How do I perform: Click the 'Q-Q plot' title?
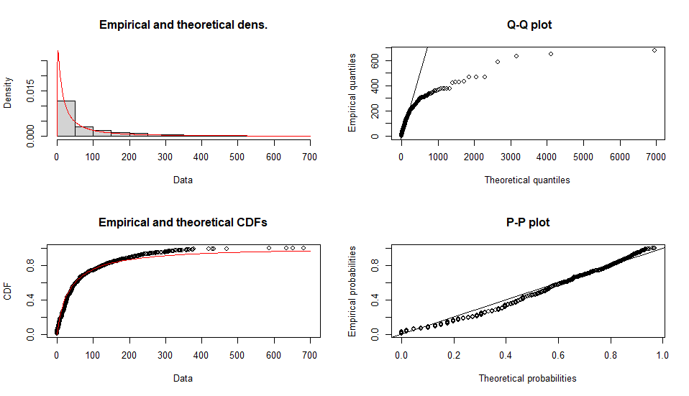point(529,25)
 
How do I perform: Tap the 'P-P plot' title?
point(529,222)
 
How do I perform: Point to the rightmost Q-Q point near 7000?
point(654,50)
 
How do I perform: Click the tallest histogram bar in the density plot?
point(66,119)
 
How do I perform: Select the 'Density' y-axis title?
point(8,93)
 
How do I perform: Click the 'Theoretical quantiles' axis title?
point(527,180)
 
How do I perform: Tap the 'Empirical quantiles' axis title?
point(352,93)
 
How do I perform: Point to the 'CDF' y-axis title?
point(8,292)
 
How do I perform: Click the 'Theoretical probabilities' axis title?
point(527,378)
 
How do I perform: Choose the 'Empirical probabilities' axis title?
point(352,291)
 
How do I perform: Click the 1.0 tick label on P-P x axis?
point(662,354)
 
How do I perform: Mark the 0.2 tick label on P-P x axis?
point(453,354)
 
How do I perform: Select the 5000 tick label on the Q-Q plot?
point(583,156)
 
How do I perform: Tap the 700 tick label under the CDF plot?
point(310,354)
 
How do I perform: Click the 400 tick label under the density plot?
point(201,156)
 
